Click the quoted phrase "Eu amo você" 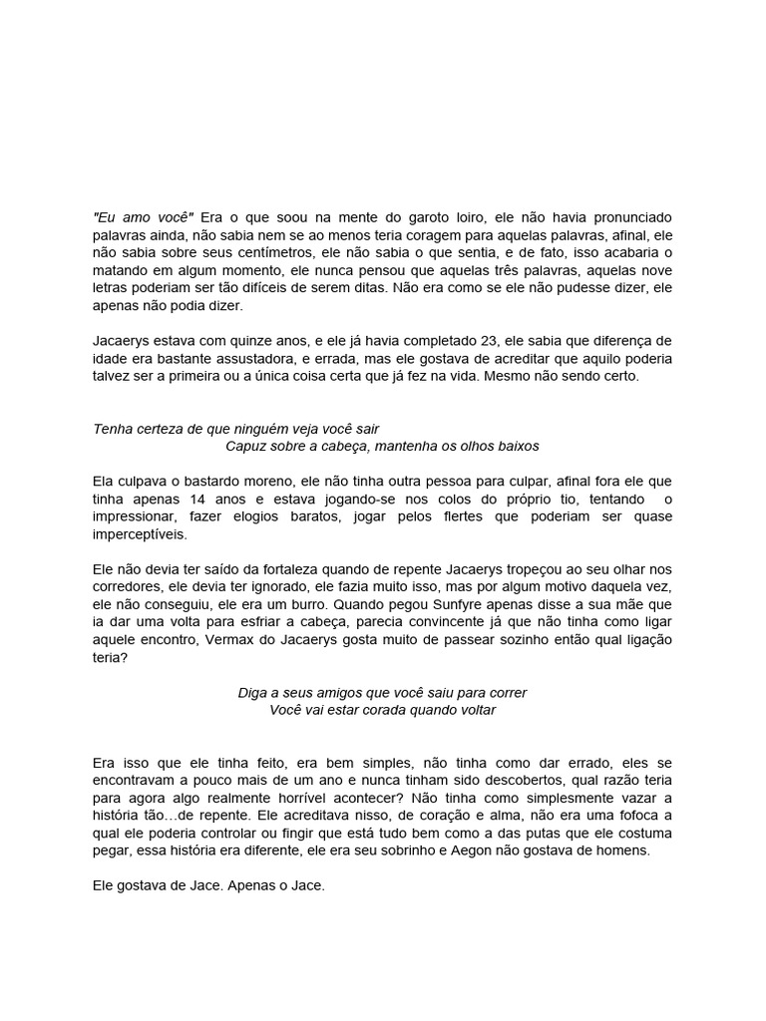pos(143,216)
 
